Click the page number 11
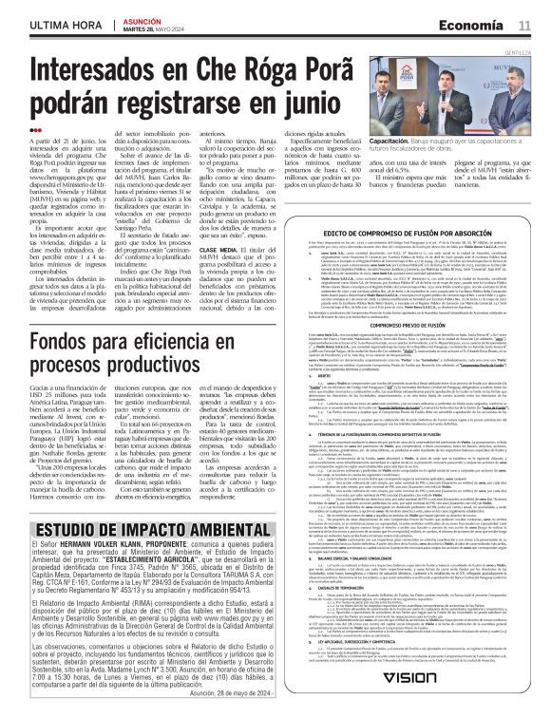523,23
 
